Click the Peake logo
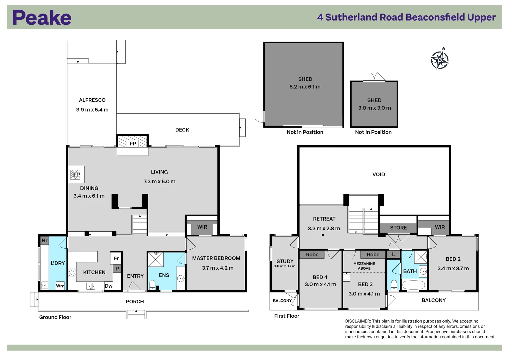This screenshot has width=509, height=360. click(x=42, y=17)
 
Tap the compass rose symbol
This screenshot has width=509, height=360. click(x=440, y=60)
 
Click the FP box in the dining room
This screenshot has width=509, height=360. click(x=76, y=175)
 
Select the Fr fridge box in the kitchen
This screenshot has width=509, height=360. click(x=116, y=258)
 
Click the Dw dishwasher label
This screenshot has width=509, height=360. click(x=108, y=286)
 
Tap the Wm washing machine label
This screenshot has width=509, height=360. click(x=60, y=286)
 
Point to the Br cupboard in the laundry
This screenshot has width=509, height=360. click(x=45, y=241)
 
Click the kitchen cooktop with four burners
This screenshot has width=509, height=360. click(x=72, y=273)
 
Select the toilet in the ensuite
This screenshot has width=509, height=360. click(x=152, y=285)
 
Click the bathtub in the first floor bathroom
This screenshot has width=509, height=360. click(x=414, y=285)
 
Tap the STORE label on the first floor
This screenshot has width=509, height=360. click(x=398, y=228)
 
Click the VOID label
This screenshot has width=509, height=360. click(x=379, y=175)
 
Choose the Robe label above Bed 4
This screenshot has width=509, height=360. click(x=312, y=255)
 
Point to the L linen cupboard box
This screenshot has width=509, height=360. click(x=393, y=254)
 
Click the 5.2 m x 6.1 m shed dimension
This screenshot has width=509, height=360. click(x=305, y=87)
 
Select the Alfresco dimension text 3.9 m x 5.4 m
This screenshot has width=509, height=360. click(x=92, y=110)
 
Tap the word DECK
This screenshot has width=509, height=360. click(x=182, y=130)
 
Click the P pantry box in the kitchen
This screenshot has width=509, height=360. click(x=117, y=269)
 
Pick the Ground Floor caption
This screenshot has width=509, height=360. click(x=55, y=317)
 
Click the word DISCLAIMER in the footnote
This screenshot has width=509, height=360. click(x=358, y=321)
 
